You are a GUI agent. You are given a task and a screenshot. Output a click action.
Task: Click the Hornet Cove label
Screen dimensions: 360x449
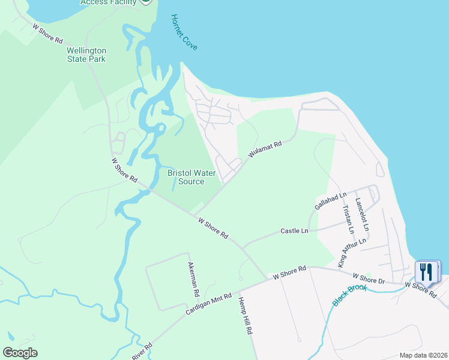[x=184, y=32]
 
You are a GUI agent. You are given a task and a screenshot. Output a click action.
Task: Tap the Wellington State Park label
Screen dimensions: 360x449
[x=86, y=55]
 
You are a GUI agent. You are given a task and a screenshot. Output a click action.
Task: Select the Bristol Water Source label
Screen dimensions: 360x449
[x=191, y=177]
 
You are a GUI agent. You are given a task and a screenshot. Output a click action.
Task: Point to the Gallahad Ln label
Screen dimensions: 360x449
[x=331, y=201]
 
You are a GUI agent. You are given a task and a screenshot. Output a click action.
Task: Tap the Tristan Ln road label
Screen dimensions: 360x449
[x=347, y=220]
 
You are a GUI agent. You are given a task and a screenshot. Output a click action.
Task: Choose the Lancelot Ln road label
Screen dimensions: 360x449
[x=362, y=215]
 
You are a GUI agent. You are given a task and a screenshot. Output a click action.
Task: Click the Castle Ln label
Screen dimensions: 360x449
[x=294, y=231]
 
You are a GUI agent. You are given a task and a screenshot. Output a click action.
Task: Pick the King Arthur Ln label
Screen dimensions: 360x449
[x=351, y=253]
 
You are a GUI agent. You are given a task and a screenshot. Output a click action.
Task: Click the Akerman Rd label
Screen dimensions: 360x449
[x=193, y=280]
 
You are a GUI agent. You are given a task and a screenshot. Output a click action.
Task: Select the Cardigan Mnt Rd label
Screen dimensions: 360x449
[x=208, y=303]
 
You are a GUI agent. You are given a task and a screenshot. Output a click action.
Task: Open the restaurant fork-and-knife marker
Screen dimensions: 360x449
[x=427, y=271]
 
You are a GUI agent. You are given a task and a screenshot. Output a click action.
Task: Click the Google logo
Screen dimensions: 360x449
[x=20, y=353]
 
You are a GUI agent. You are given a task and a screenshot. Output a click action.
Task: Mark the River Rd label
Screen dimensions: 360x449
[x=142, y=352]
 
